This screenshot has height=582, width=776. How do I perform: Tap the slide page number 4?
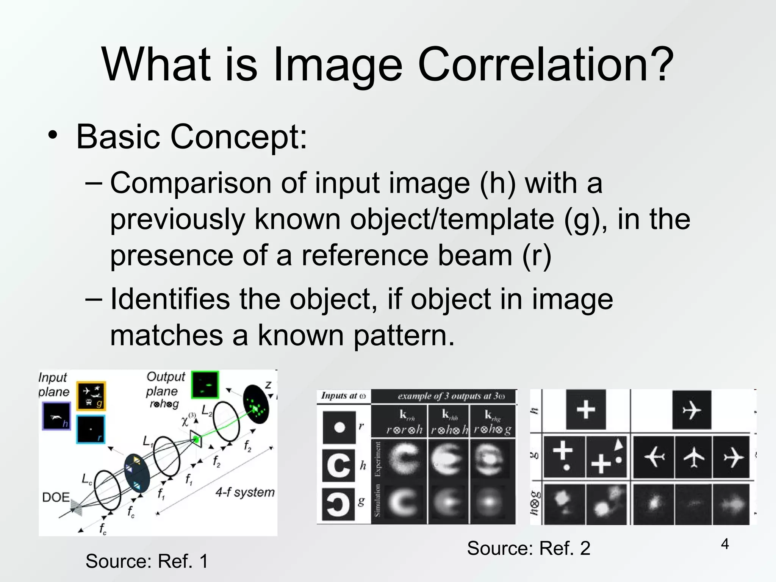(x=724, y=544)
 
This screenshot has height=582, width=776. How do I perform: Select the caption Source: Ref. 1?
(x=147, y=561)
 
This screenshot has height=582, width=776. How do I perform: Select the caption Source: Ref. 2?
(x=529, y=548)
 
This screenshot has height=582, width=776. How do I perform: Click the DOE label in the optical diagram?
(x=56, y=497)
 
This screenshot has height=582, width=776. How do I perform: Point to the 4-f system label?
(x=245, y=492)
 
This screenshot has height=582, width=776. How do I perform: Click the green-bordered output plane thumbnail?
(x=205, y=385)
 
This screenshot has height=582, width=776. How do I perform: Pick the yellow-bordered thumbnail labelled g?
(x=91, y=396)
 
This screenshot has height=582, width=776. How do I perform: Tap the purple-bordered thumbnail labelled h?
(x=56, y=416)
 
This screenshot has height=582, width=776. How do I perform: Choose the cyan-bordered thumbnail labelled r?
(x=91, y=429)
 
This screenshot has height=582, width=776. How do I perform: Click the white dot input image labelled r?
(x=339, y=427)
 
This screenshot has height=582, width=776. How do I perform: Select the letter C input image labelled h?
(x=339, y=465)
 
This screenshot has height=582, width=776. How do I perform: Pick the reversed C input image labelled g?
(x=339, y=504)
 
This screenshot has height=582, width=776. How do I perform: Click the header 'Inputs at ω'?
(x=343, y=396)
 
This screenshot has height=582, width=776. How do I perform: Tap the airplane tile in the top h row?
(x=692, y=410)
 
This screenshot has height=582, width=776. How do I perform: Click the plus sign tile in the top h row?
(x=586, y=410)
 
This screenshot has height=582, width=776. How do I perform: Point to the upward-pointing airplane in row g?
(x=693, y=457)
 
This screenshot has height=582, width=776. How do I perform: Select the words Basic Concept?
(x=191, y=136)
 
